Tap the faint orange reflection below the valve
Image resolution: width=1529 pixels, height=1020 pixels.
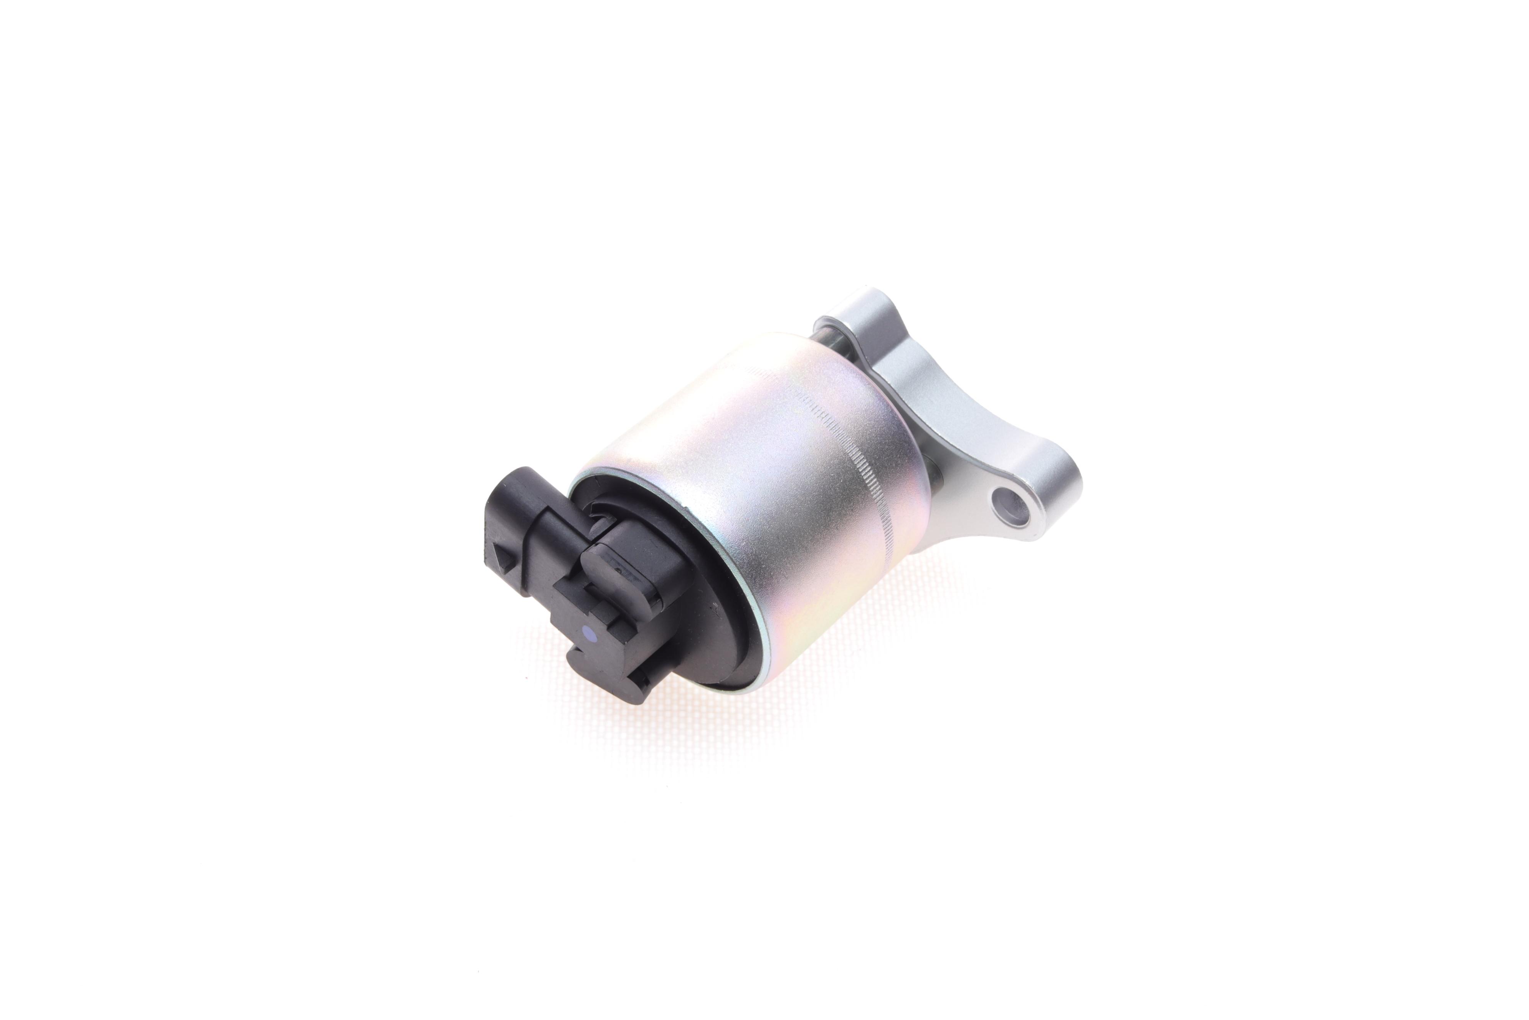[650, 722]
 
